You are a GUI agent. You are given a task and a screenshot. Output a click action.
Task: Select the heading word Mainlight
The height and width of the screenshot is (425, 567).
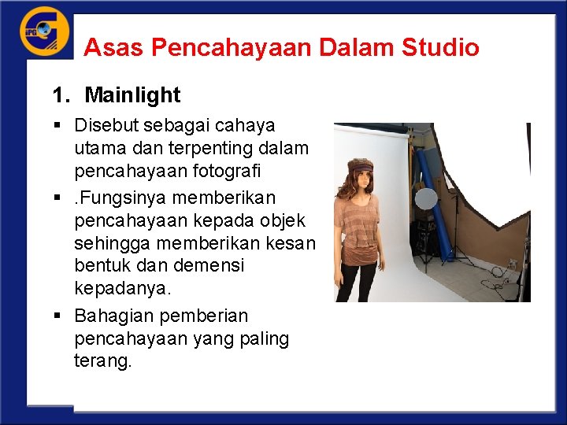click(132, 95)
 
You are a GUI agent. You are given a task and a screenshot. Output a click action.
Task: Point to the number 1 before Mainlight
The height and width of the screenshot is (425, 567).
click(57, 95)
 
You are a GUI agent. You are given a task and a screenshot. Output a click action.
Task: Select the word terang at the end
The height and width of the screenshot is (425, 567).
click(102, 361)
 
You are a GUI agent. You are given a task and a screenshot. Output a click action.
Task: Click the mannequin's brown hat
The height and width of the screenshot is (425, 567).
click(361, 165)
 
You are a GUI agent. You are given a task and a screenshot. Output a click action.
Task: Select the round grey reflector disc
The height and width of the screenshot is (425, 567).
click(426, 198)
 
